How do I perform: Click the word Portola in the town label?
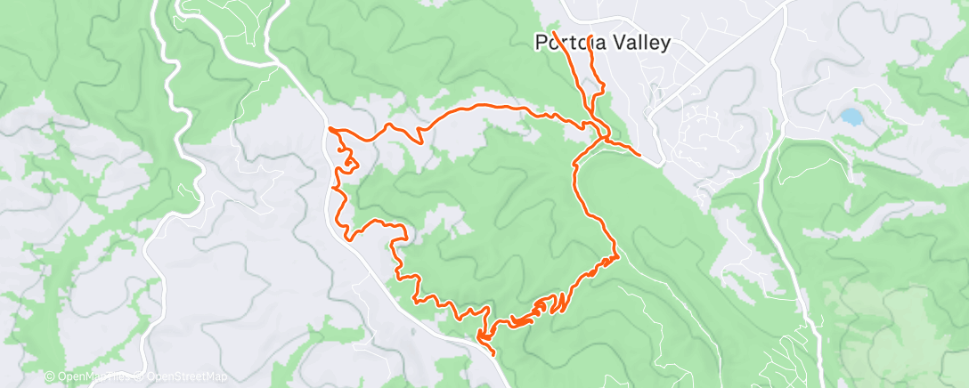[x=567, y=43]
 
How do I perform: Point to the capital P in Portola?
[x=541, y=43]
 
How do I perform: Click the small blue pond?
[x=851, y=117]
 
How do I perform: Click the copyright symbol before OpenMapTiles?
[x=50, y=377]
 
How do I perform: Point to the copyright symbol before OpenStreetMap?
[x=130, y=377]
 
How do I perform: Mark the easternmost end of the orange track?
[x=639, y=155]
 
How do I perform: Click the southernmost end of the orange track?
[x=494, y=355]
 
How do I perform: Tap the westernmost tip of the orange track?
[x=330, y=130]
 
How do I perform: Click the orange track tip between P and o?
[x=553, y=33]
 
